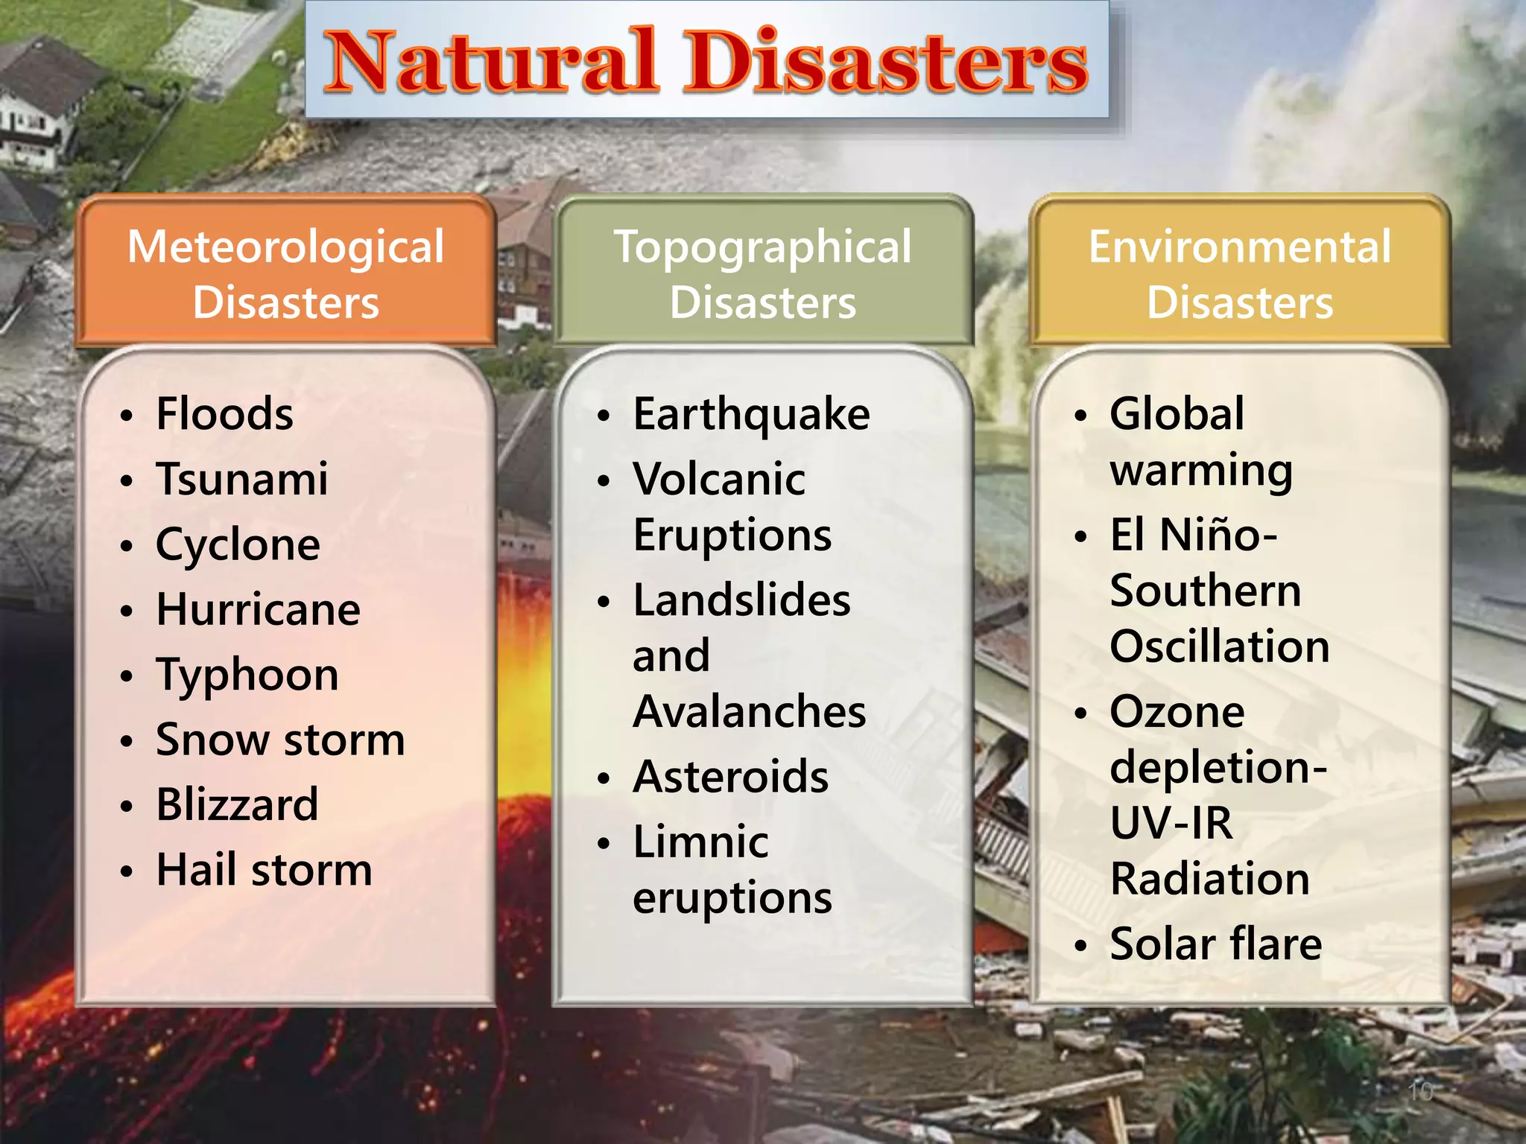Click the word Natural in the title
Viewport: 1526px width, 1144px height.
492,61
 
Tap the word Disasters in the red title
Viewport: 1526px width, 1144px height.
887,61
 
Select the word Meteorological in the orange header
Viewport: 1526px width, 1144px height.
286,247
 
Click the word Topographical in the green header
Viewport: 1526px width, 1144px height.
762,247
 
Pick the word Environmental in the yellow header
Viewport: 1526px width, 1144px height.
1240,247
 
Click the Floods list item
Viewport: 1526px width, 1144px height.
224,414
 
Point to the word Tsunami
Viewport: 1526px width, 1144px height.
242,479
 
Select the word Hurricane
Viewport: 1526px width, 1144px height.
259,610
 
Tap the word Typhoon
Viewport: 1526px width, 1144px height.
247,676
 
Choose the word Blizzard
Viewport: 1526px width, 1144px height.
238,805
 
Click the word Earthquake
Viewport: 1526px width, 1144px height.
751,414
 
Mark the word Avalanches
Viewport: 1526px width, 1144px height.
750,711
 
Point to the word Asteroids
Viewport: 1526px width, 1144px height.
731,777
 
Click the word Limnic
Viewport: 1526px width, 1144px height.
700,842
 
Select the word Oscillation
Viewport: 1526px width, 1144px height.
1220,646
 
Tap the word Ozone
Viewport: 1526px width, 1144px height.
1177,711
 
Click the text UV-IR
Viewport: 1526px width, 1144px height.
1171,823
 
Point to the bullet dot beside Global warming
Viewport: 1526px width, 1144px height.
1081,416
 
